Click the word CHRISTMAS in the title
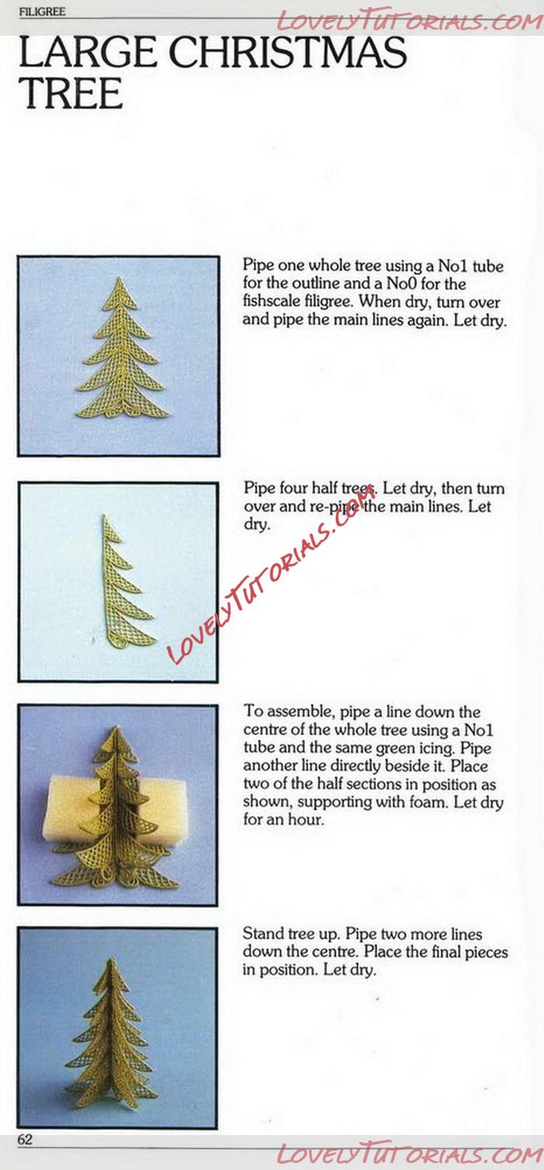point(288,53)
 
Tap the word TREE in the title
point(71,93)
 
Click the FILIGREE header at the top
point(42,12)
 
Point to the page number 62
point(25,1139)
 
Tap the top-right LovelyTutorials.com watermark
point(410,22)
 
